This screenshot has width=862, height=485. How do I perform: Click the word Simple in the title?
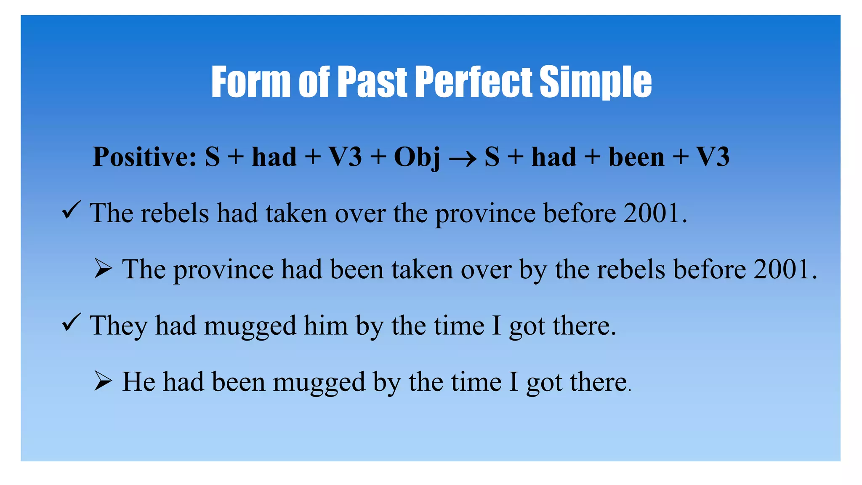595,82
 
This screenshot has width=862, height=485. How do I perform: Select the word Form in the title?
251,82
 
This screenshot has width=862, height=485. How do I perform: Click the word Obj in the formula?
417,157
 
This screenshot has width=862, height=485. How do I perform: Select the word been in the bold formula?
636,157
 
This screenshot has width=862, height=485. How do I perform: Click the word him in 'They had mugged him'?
325,326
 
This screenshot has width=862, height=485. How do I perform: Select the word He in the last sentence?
138,382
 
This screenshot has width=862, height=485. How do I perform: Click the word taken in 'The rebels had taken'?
296,213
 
